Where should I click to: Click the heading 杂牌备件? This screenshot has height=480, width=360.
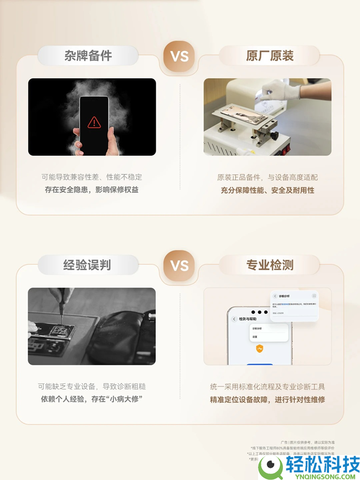(x=88, y=56)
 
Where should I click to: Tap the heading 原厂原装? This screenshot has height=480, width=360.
(x=270, y=56)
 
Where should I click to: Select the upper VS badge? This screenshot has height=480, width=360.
(x=179, y=56)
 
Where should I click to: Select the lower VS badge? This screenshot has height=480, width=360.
(x=179, y=265)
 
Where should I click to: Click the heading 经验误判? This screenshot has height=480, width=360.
(x=88, y=265)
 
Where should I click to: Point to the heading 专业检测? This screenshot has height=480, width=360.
(x=270, y=265)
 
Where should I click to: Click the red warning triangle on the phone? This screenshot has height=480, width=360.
(x=94, y=121)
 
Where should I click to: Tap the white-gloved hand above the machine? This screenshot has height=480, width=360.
(x=280, y=90)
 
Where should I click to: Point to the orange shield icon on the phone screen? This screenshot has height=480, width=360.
(x=259, y=349)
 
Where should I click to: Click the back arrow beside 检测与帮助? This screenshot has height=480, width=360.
(x=234, y=319)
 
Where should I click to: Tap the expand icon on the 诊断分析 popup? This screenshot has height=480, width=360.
(x=314, y=297)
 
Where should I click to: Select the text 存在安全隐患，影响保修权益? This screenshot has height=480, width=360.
(x=92, y=190)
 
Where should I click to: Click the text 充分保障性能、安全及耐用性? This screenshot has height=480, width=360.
(x=268, y=190)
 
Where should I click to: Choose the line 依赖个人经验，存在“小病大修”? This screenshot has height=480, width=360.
(x=92, y=399)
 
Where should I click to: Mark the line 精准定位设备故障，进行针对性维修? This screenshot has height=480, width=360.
(x=268, y=399)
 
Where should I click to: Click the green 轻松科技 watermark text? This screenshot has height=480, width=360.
(x=322, y=464)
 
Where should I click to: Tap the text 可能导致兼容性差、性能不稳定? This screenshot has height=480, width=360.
(x=92, y=177)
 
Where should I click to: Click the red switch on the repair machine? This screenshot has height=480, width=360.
(x=286, y=148)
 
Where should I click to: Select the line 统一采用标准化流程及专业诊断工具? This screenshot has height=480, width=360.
(x=268, y=386)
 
